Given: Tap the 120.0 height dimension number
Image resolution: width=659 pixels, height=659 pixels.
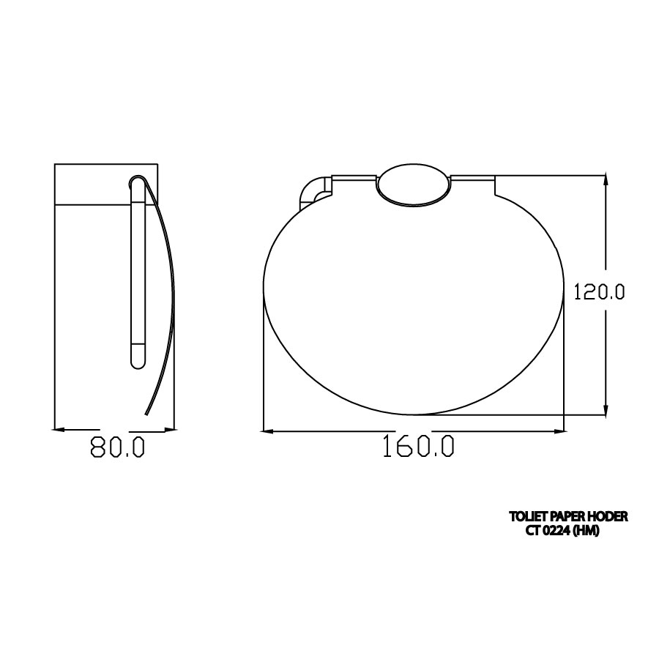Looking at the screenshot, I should [x=598, y=291].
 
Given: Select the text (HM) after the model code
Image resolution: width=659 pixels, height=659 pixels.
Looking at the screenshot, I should [x=586, y=532].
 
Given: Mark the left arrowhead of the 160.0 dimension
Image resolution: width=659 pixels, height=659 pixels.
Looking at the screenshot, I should [x=269, y=431].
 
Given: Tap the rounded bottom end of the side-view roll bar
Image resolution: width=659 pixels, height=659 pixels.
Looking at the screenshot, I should [x=138, y=360].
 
